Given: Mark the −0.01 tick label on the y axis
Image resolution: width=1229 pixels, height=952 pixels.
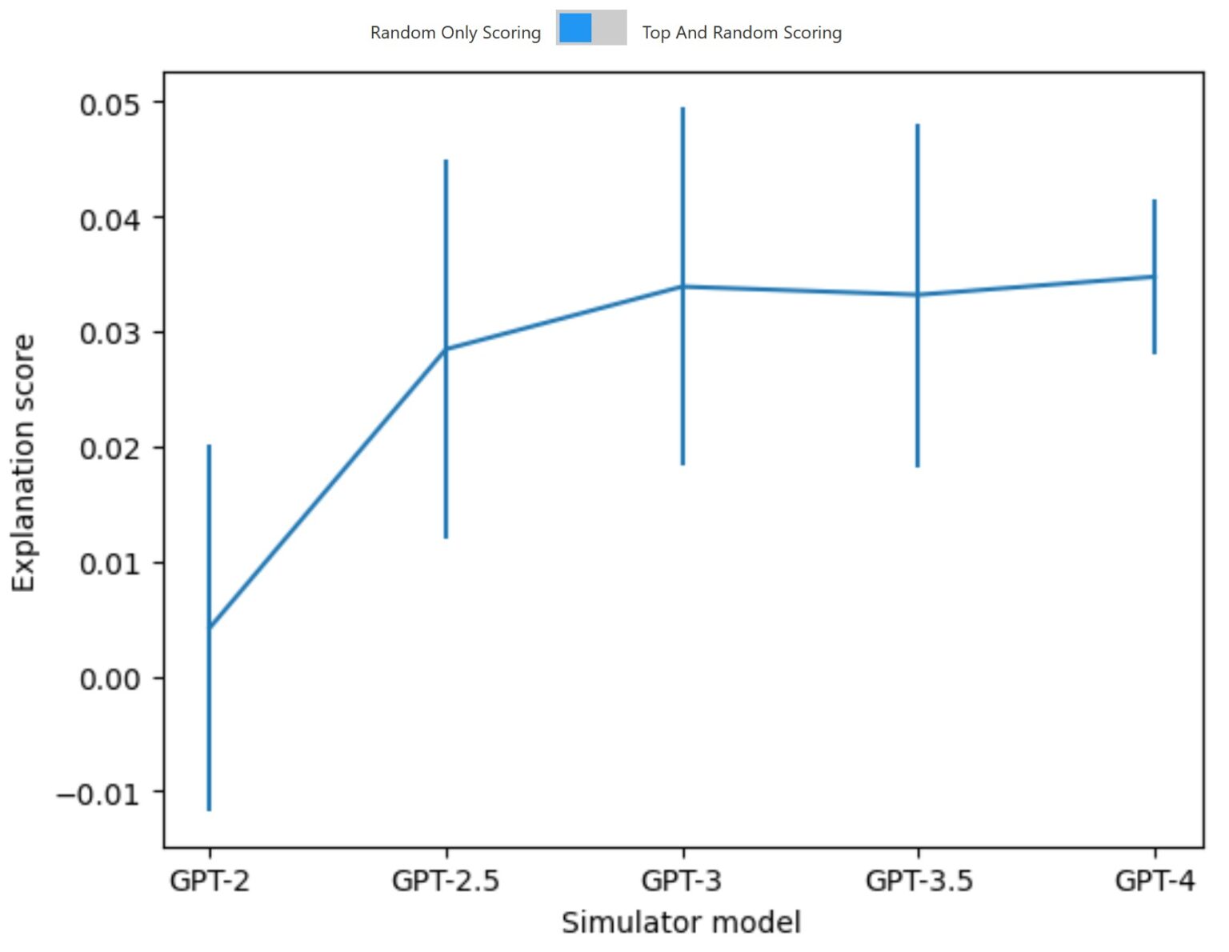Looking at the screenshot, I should click(98, 794).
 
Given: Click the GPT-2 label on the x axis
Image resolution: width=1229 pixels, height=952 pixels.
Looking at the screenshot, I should click(210, 881).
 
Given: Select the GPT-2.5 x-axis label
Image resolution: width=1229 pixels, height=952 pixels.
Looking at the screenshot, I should click(446, 881).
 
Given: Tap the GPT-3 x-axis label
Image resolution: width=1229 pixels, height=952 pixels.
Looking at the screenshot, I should click(682, 881).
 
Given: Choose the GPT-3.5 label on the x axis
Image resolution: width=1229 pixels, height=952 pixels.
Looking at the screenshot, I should click(919, 881).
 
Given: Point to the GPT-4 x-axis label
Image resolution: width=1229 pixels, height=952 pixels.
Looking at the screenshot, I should click(1154, 881).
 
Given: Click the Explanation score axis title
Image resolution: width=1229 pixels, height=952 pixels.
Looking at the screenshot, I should click(24, 463).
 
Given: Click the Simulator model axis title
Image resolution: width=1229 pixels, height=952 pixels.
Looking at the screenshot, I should click(681, 922).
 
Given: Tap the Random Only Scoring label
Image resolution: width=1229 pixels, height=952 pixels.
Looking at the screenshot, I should click(455, 33).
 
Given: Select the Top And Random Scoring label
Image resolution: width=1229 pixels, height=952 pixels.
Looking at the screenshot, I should click(742, 33).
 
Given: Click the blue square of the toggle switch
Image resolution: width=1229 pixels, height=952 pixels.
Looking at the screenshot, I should click(575, 28).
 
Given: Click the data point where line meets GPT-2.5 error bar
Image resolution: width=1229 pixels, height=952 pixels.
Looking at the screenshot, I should click(446, 349).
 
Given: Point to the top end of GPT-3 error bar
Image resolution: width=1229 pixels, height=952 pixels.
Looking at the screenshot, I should click(683, 108).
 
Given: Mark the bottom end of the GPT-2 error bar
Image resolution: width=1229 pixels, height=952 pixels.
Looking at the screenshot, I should click(210, 810).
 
